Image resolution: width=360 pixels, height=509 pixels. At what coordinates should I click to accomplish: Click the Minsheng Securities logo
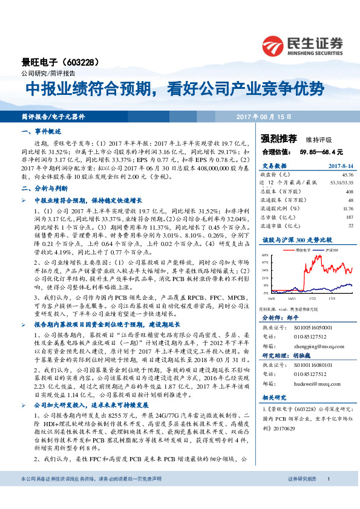302,45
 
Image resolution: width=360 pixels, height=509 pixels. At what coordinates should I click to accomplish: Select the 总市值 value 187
349,216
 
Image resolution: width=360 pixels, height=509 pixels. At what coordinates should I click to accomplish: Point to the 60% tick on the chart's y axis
266,256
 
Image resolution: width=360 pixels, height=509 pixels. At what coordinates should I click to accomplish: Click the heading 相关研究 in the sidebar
273,398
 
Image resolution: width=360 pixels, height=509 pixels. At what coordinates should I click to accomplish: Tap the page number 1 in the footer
328,496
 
